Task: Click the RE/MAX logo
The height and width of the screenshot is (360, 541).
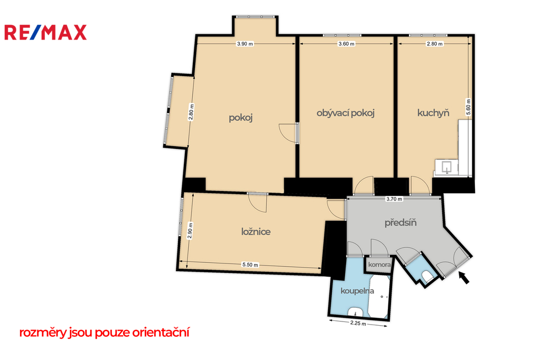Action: pyautogui.click(x=45, y=32)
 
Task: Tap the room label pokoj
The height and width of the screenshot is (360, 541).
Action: pyautogui.click(x=241, y=118)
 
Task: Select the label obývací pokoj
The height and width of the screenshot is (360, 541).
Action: pyautogui.click(x=346, y=113)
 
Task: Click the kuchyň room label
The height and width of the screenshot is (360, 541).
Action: pyautogui.click(x=433, y=113)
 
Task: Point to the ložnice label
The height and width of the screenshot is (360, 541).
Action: pyautogui.click(x=256, y=231)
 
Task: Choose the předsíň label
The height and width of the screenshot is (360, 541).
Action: pyautogui.click(x=400, y=222)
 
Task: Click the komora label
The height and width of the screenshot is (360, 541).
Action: pyautogui.click(x=379, y=265)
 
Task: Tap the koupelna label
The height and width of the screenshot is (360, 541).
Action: pyautogui.click(x=357, y=291)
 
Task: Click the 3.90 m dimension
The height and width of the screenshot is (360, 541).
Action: pyautogui.click(x=245, y=44)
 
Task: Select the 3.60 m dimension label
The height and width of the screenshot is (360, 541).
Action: pyautogui.click(x=347, y=44)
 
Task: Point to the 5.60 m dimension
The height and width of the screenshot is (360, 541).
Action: pyautogui.click(x=468, y=107)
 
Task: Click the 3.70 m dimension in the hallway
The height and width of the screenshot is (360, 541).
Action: pyautogui.click(x=394, y=199)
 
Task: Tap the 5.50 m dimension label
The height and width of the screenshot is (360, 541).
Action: pyautogui.click(x=250, y=265)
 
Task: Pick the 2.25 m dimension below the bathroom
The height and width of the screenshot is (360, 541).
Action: pyautogui.click(x=358, y=324)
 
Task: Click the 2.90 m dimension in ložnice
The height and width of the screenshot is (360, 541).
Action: pyautogui.click(x=190, y=231)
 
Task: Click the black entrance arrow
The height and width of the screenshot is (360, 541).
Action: pyautogui.click(x=464, y=278)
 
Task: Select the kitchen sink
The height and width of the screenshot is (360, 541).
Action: pyautogui.click(x=447, y=167)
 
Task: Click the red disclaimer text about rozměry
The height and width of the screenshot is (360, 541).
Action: pyautogui.click(x=104, y=333)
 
